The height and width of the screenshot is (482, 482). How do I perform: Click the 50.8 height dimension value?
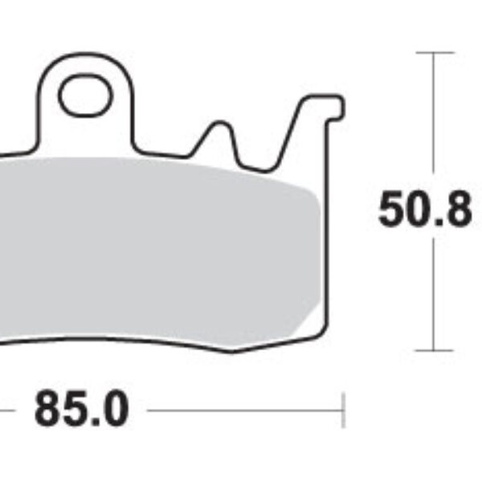pos(425,210)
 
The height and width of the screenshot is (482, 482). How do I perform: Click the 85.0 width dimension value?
pos(81,411)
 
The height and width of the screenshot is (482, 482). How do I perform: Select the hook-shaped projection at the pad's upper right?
pos(321,108)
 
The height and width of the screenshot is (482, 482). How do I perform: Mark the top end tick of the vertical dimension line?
pos(434,53)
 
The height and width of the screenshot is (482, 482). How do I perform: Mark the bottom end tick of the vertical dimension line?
pos(434,350)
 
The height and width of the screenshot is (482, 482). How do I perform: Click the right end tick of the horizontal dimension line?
pos(343,411)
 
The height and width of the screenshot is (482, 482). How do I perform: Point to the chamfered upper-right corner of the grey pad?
pos(313,193)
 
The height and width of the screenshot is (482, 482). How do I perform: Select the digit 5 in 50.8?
pos(393,210)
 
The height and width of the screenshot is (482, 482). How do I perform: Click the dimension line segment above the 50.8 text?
pos(434,120)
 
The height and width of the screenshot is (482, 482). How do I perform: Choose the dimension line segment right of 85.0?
pos(241,411)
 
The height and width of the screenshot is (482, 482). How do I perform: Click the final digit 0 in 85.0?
pos(115,411)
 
